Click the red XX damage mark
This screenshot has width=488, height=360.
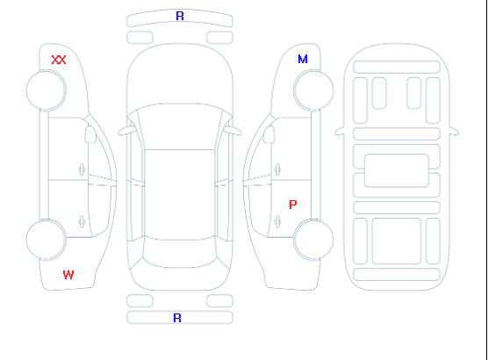click(59, 60)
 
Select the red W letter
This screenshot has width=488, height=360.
click(68, 275)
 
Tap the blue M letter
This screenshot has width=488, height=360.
click(303, 59)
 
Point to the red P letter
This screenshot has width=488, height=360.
click(293, 205)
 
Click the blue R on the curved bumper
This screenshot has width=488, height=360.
click(180, 16)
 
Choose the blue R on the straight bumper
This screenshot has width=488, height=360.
click(177, 318)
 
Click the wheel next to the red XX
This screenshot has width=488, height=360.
click(46, 90)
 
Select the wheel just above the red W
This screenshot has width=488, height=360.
click(46, 240)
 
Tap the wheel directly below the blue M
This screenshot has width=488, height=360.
click(313, 90)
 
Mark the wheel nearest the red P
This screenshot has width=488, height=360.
click(313, 240)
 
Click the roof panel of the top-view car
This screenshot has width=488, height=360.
click(180, 195)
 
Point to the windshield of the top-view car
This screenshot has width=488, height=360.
click(180, 126)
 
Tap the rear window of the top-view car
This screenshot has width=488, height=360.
click(180, 254)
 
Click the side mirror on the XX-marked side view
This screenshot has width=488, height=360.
click(90, 134)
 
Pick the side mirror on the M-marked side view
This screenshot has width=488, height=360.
click(269, 134)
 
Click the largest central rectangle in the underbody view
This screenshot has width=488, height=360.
click(397, 170)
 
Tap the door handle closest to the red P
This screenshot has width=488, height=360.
click(277, 221)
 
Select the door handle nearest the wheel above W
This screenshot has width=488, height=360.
click(82, 221)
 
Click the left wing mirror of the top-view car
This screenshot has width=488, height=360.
click(126, 131)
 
